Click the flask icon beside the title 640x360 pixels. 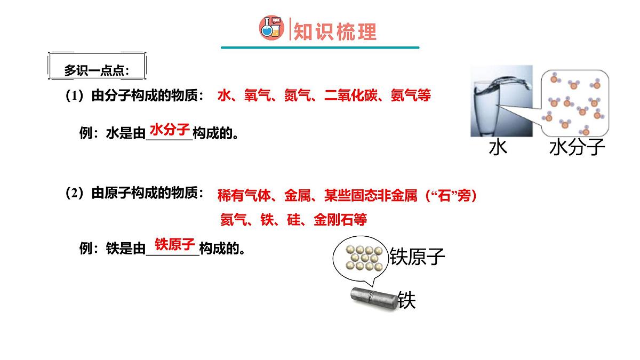pos(271,28)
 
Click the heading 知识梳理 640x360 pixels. pos(335,31)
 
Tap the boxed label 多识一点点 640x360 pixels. pos(97,70)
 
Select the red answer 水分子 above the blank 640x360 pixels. pos(170,129)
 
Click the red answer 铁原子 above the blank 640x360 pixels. pos(174,244)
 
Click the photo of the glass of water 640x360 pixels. pos(501,101)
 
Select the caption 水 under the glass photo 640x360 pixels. pos(498,147)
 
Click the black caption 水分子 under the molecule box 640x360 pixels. pos(577,147)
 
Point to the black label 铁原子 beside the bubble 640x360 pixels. pos(418,257)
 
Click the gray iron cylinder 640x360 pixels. pos(373,297)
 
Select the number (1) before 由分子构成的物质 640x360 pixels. pos(74,96)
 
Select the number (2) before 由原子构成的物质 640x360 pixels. pos(74,194)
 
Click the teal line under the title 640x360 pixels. pos(320,47)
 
